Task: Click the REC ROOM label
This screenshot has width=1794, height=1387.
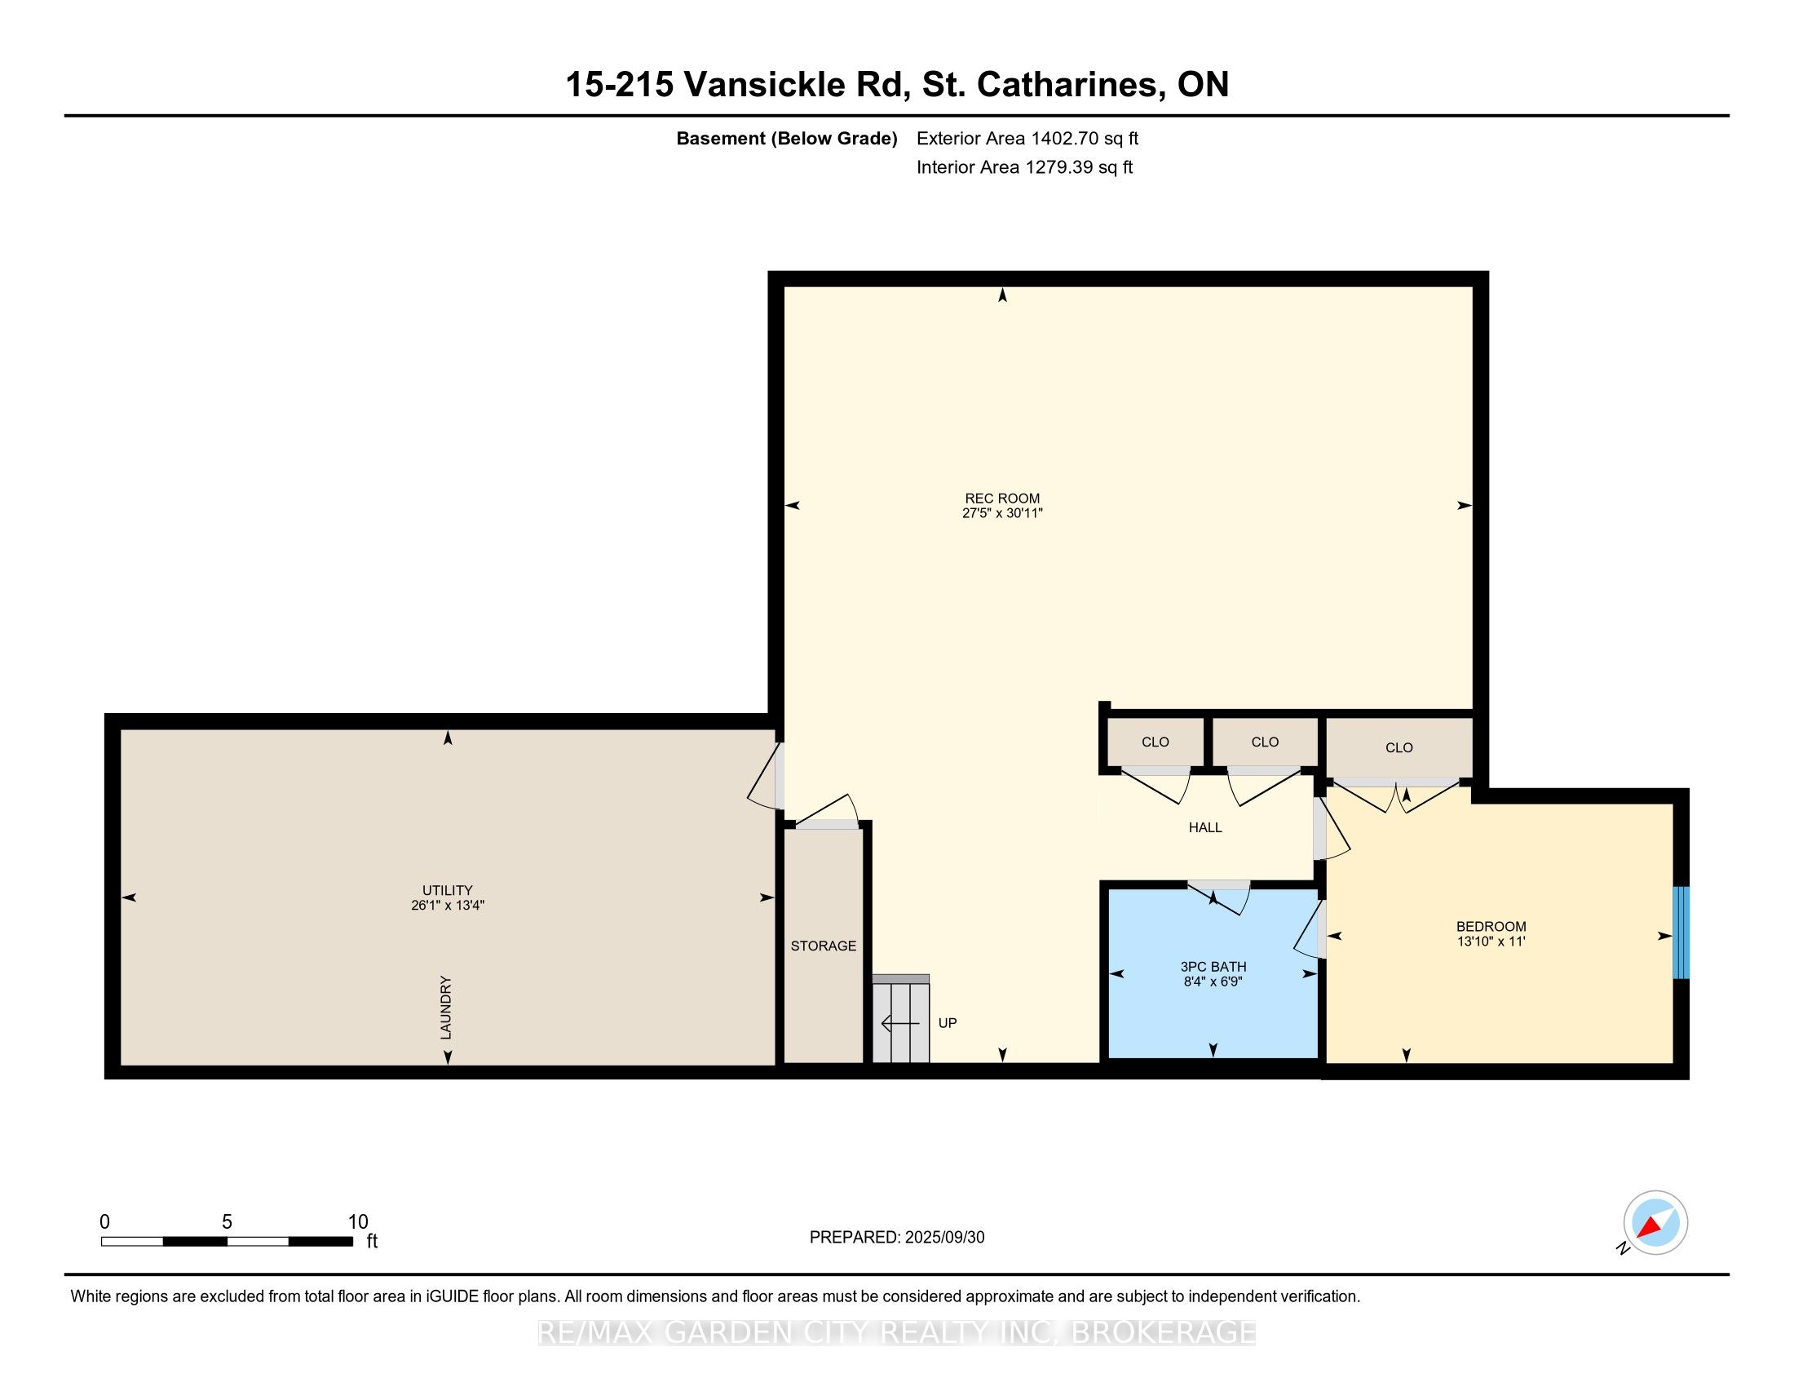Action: [1002, 498]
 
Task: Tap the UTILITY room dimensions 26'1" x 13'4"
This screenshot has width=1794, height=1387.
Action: [448, 906]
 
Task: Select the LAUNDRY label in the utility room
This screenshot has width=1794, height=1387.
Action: [446, 1008]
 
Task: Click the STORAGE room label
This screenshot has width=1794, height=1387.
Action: [823, 946]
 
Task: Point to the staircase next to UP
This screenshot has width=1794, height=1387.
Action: [901, 1019]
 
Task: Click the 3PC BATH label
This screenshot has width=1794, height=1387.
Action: [1213, 966]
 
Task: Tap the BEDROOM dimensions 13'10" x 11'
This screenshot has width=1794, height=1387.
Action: [1491, 942]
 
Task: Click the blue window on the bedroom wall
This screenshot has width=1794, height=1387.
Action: [1681, 933]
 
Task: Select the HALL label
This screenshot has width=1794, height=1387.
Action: [1205, 827]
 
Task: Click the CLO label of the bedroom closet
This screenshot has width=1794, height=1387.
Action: [1399, 747]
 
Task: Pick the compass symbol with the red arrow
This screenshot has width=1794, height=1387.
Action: [1655, 1223]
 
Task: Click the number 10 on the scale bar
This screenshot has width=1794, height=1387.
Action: [358, 1221]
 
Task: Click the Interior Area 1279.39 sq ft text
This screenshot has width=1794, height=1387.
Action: [1024, 167]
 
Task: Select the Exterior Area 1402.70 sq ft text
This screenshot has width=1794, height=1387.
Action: [1027, 138]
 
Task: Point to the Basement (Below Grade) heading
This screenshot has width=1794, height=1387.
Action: [786, 139]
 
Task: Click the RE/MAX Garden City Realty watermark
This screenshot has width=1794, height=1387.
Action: [897, 1332]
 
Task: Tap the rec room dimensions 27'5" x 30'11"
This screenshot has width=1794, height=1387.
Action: [1002, 513]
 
